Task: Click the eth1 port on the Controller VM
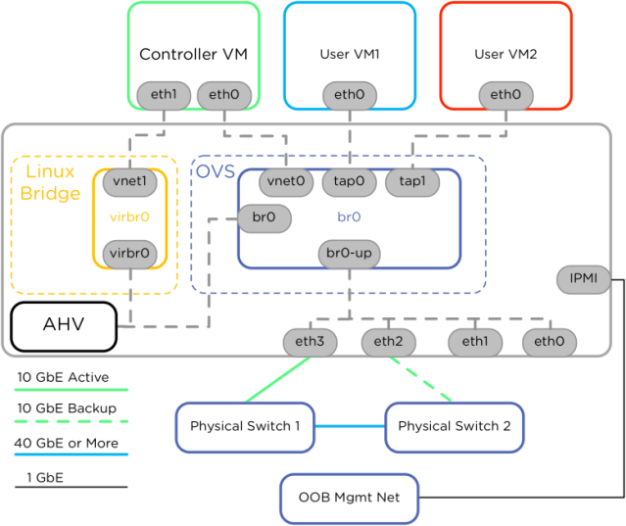coord(163,95)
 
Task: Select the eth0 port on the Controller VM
coord(223,95)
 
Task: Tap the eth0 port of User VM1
coord(349,95)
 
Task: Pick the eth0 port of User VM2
coord(506,95)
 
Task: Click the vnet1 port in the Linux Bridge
coord(129,181)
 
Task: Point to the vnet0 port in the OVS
coord(285,181)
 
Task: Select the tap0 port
coord(349,181)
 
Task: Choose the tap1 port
coord(412,181)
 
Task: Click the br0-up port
coord(349,254)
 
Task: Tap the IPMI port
coord(584,280)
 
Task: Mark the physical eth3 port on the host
coord(310,342)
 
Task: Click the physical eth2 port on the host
coord(389,342)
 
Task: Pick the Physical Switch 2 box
coord(455,426)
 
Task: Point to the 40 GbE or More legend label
coord(71,442)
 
